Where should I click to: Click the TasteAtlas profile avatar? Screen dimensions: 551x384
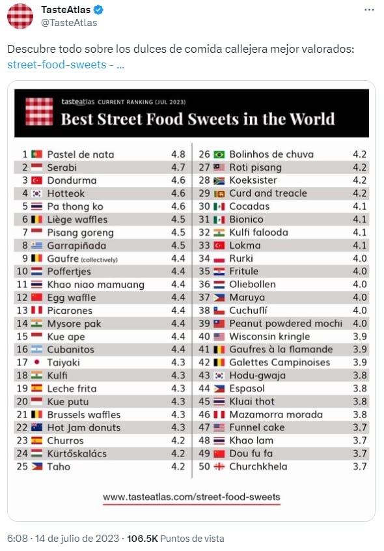tap(20, 16)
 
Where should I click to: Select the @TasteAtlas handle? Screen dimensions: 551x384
tap(69, 23)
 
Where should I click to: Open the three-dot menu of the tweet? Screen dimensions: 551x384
tap(369, 10)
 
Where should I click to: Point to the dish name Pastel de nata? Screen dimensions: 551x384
tap(81, 154)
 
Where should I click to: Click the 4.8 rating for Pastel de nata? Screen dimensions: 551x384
tap(178, 154)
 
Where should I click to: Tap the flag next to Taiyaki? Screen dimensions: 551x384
tap(37, 363)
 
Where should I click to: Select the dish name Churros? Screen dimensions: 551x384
tap(66, 440)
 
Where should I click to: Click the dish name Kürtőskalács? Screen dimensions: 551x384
tap(77, 453)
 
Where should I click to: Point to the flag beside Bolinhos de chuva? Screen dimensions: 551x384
tap(219, 154)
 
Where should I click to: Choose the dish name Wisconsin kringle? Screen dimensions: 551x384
tap(269, 337)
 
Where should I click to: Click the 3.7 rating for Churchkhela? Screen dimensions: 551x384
tap(360, 466)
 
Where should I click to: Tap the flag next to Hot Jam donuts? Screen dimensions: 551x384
tap(37, 428)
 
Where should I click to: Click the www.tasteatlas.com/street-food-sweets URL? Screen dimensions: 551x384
tap(191, 497)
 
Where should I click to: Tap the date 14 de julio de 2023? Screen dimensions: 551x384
tap(78, 539)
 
